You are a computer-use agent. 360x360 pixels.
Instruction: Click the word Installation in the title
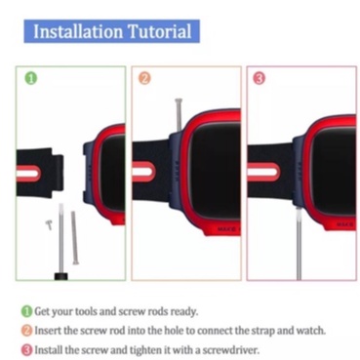tap(78, 31)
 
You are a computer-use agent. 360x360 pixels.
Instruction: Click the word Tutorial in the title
tap(160, 31)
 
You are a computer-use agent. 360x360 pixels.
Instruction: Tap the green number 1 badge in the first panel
tap(31, 79)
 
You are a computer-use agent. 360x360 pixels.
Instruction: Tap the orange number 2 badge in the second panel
tap(145, 78)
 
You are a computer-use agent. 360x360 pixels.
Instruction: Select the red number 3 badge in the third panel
tap(259, 78)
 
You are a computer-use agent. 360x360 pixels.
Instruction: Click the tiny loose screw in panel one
tap(49, 224)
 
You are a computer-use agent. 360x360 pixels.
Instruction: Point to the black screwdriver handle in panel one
tap(60, 276)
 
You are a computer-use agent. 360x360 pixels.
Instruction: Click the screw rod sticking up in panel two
tap(179, 114)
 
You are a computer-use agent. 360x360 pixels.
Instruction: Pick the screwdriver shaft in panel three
tap(299, 244)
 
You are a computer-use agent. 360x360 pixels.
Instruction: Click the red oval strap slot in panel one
tap(28, 174)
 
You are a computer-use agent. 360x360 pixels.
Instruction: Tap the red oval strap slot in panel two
tap(143, 172)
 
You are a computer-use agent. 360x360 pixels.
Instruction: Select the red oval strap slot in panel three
tap(263, 172)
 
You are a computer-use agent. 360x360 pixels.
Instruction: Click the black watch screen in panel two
tap(216, 169)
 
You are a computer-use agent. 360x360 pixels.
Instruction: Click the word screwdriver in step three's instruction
tap(230, 350)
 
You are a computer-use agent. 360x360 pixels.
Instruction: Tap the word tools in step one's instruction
tap(86, 311)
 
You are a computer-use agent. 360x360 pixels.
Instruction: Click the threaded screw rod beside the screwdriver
tap(74, 238)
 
